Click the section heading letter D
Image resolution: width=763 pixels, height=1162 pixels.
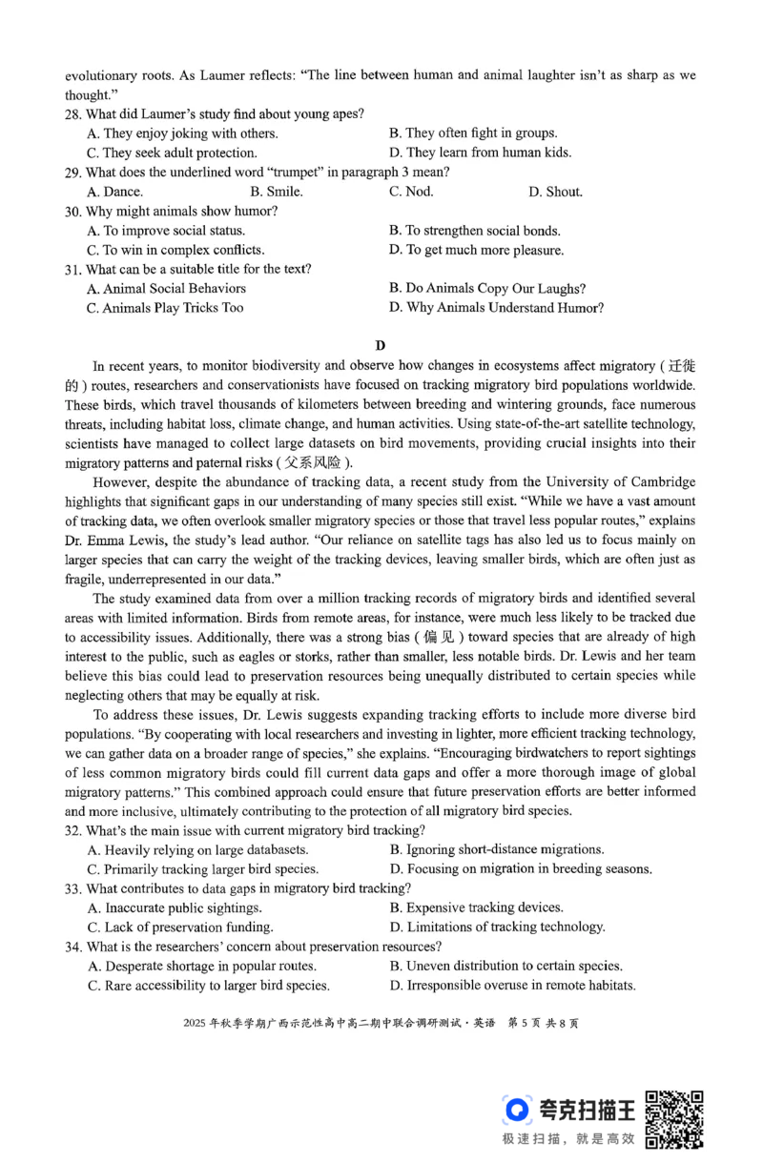381,345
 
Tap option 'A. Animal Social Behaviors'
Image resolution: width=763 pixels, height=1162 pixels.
166,289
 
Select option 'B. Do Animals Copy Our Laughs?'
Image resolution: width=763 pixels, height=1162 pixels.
487,289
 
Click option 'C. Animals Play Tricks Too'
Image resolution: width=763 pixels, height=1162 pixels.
165,308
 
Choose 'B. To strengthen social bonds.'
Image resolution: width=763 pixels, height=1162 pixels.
475,231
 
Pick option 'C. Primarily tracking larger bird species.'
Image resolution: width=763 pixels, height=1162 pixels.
203,869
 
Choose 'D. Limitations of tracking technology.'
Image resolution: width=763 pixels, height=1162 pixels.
497,927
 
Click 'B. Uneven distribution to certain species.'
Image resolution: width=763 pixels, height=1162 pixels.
505,966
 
